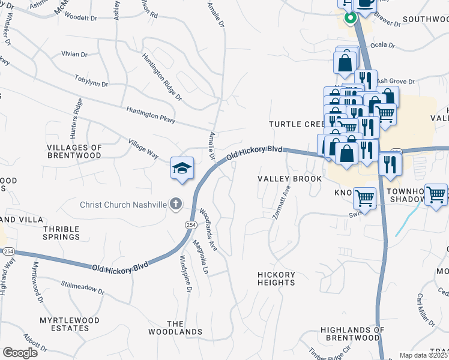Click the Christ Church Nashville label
123,205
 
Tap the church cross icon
175,205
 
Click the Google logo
20,353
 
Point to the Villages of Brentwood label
74,151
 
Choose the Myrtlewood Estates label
69,324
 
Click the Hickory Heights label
276,279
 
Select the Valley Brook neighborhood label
285,179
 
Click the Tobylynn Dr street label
91,80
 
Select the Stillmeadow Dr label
83,289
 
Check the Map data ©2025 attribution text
424,355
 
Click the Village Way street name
143,149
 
